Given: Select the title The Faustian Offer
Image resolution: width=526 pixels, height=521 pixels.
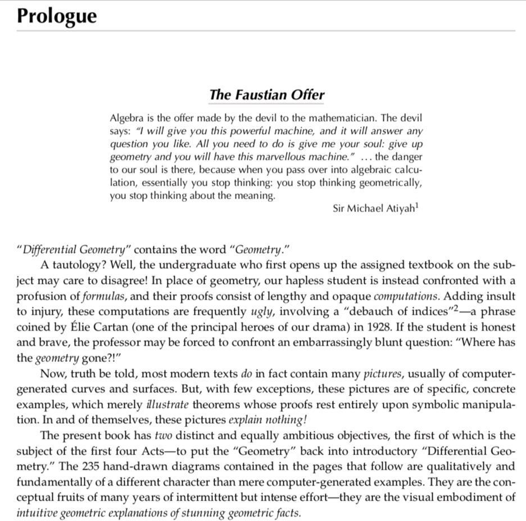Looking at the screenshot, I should click(266, 94).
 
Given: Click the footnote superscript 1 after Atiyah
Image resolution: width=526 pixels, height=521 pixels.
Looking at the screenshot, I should click(418, 205).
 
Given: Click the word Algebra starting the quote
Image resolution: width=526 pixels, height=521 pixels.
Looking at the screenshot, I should click(126, 119).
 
